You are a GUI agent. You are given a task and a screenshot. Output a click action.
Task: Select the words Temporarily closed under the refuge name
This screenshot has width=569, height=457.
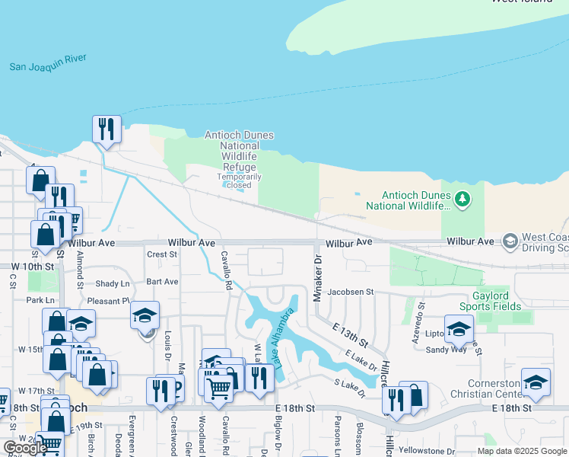(x=239, y=181)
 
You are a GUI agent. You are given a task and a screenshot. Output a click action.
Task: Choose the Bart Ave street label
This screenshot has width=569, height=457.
(x=162, y=281)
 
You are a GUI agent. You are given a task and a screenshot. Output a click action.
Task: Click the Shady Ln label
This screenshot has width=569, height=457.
(x=113, y=283)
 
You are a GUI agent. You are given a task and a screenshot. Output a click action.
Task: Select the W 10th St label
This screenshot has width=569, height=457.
(x=33, y=267)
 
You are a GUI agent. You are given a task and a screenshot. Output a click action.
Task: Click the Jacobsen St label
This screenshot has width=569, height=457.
(x=351, y=292)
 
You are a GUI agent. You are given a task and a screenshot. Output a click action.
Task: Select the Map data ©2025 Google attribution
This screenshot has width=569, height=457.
(x=522, y=450)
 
